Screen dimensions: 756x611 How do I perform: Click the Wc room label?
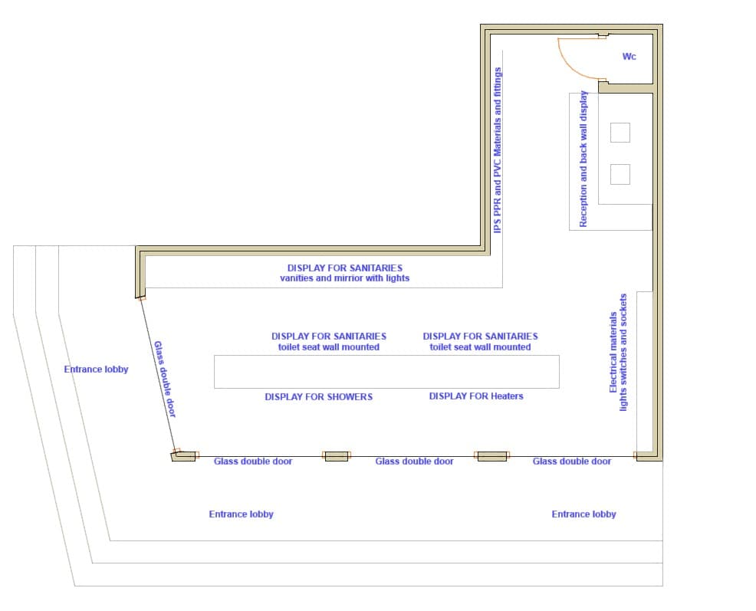click(x=629, y=57)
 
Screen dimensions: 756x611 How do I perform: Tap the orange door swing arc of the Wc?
click(x=570, y=66)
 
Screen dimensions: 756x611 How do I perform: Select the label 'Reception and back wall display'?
click(x=583, y=159)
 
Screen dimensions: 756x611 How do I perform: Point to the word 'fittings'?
click(x=498, y=82)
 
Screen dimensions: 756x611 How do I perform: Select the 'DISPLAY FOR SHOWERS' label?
click(x=319, y=397)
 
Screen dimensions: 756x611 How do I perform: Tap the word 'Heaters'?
click(x=507, y=396)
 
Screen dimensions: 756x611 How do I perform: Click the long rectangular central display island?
click(x=386, y=372)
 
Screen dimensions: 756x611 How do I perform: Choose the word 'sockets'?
click(x=623, y=309)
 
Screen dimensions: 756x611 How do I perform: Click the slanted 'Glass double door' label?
click(x=165, y=379)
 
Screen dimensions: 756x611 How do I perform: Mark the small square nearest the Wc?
click(x=620, y=133)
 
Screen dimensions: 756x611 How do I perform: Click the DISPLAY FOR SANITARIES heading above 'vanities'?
click(x=345, y=268)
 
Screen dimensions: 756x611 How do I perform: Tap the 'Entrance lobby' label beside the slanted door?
click(x=96, y=370)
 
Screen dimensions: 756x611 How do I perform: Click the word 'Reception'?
click(x=583, y=207)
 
